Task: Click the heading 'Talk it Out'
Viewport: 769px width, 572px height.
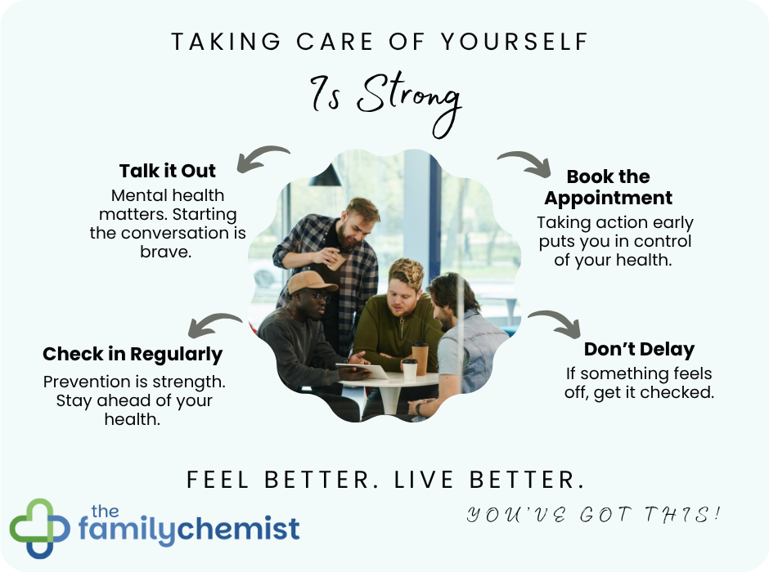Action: click(168, 171)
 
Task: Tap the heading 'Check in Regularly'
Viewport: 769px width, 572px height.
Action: click(133, 354)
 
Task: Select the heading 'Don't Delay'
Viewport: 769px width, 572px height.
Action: click(639, 349)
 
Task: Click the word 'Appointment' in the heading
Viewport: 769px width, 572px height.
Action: click(608, 198)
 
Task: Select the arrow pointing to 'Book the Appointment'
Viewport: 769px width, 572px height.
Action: click(524, 162)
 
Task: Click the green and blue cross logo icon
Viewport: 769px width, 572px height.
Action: click(38, 528)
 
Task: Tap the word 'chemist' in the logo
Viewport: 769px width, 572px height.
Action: click(243, 529)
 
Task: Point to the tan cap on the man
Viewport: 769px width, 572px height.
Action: click(311, 281)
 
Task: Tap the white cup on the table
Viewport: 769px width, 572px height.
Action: click(409, 369)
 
